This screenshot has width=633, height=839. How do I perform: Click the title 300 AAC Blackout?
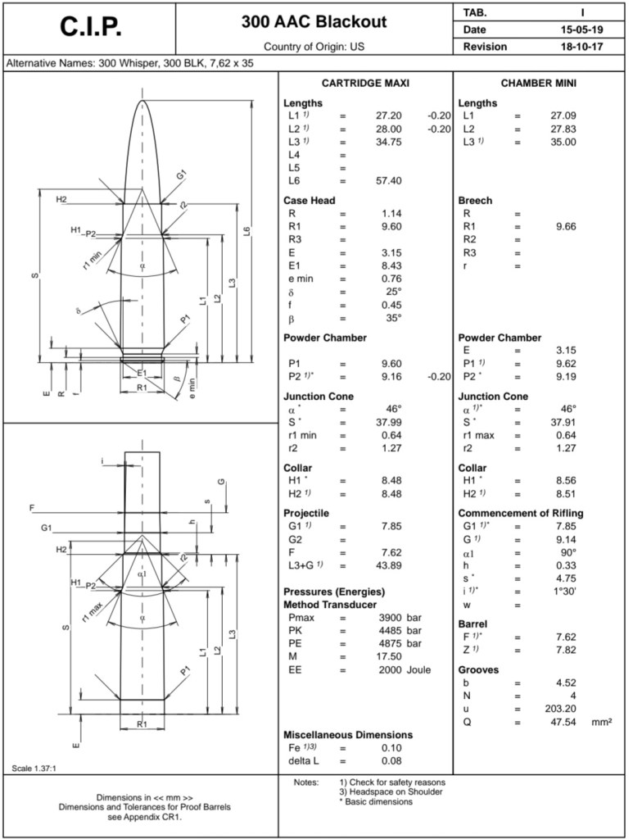[x=314, y=22]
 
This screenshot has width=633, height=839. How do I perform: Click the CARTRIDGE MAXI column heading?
[x=365, y=84]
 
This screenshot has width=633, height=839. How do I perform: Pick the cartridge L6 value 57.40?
[x=388, y=180]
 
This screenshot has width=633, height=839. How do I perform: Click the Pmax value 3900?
[x=388, y=616]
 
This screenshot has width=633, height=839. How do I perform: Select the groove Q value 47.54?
[x=564, y=722]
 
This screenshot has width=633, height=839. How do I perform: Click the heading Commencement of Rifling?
[x=531, y=513]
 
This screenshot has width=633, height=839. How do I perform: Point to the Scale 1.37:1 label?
[x=35, y=768]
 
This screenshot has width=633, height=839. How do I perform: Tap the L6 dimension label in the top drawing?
[x=247, y=231]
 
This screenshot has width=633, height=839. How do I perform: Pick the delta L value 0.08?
[x=391, y=761]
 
